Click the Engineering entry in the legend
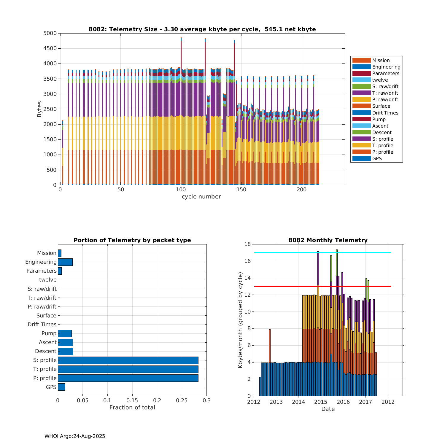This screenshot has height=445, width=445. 386,67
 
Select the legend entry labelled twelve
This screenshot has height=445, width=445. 380,80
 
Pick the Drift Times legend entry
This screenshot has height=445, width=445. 385,113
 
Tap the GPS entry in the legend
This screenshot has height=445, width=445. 377,159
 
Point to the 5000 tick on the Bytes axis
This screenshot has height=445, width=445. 50,33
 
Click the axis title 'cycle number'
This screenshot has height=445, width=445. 201,197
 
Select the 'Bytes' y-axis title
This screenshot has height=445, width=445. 39,109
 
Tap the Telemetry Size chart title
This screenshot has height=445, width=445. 202,29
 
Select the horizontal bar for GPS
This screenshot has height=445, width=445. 61,387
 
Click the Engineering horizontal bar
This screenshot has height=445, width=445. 65,262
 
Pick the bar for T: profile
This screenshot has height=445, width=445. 128,369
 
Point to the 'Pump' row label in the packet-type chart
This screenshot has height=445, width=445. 49,333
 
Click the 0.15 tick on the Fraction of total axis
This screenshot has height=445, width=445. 132,401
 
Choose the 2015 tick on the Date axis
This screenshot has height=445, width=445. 321,402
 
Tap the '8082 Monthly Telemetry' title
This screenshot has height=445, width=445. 328,240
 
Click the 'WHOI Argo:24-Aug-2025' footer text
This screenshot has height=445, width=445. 75,436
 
